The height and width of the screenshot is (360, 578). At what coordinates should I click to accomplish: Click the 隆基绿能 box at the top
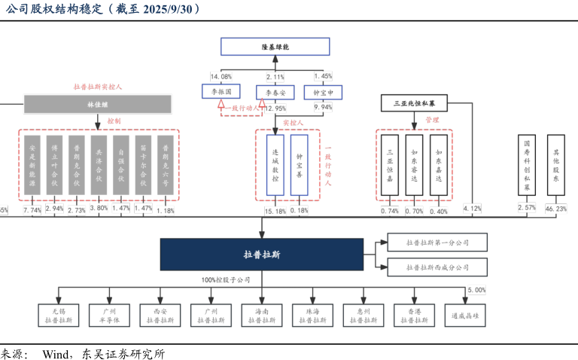tap(275, 46)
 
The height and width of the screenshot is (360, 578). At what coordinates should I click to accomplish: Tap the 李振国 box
tap(221, 92)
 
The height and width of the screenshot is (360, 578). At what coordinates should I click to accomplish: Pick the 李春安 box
tap(275, 92)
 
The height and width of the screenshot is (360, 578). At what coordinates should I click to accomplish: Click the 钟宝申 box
tap(323, 92)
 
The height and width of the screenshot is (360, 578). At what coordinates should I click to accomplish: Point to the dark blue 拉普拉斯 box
tap(262, 255)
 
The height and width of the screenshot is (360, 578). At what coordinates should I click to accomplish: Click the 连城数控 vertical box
tap(275, 166)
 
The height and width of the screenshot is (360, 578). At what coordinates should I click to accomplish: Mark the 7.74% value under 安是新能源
tap(32, 210)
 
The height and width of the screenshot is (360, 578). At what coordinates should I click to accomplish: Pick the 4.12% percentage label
tap(472, 209)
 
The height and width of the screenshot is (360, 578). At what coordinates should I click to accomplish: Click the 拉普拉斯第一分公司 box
tap(437, 243)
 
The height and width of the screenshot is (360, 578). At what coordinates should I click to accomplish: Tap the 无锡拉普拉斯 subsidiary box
tap(59, 315)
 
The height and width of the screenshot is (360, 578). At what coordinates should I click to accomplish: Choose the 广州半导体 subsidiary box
tap(110, 315)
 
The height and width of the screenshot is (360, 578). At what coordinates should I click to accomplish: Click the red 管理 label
tap(431, 120)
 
